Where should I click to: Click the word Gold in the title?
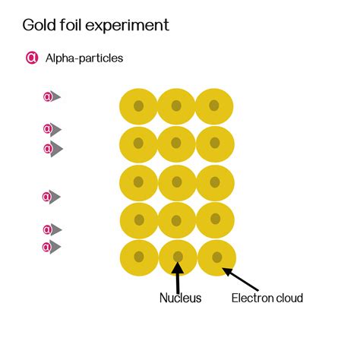click(39, 25)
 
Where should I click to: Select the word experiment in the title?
click(127, 26)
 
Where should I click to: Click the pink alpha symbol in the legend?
click(32, 58)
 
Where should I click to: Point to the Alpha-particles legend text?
click(84, 58)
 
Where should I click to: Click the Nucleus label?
click(180, 298)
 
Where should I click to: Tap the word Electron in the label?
click(252, 298)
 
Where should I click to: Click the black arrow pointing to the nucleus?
click(178, 277)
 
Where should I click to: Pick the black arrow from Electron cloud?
click(241, 279)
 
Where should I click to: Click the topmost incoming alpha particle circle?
click(48, 96)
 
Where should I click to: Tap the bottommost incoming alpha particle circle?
click(46, 247)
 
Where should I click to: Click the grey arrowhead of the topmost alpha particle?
click(55, 96)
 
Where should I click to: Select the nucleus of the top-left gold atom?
click(138, 106)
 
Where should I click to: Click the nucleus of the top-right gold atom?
click(214, 106)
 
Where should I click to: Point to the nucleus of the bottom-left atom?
click(139, 257)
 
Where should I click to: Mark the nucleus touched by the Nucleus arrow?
click(178, 257)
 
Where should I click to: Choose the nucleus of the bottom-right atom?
click(217, 257)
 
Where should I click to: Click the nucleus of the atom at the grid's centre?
click(177, 182)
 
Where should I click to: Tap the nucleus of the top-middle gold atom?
click(176, 106)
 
